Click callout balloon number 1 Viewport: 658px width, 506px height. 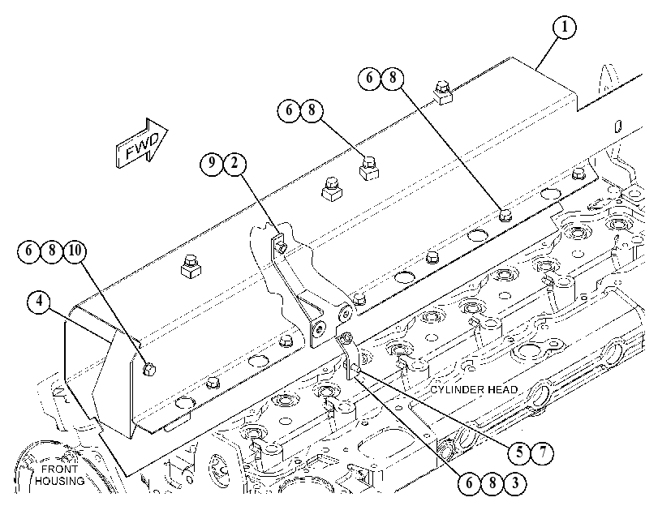pyautogui.click(x=564, y=28)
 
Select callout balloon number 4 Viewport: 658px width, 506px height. pyautogui.click(x=39, y=302)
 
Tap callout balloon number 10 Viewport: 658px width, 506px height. pyautogui.click(x=75, y=251)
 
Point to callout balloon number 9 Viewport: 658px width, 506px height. pyautogui.click(x=212, y=162)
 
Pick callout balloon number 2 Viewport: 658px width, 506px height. pyautogui.click(x=234, y=162)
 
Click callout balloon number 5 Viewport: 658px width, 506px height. pyautogui.click(x=519, y=452)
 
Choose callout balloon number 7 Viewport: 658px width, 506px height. pyautogui.click(x=542, y=452)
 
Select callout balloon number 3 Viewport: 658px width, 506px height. pyautogui.click(x=515, y=483)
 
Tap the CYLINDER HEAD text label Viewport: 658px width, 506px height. pyautogui.click(x=474, y=390)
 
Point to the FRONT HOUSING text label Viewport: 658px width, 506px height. pyautogui.click(x=59, y=475)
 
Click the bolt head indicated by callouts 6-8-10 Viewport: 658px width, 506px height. pyautogui.click(x=149, y=370)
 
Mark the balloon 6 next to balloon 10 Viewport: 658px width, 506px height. pyautogui.click(x=28, y=251)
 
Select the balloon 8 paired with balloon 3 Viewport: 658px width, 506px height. pyautogui.click(x=492, y=483)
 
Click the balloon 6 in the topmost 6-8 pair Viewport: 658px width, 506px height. pyautogui.click(x=370, y=78)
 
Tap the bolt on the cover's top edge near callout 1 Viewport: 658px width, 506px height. pyautogui.click(x=442, y=92)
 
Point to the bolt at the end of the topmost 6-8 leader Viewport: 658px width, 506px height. pyautogui.click(x=505, y=216)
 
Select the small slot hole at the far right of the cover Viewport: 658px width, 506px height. pyautogui.click(x=617, y=126)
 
